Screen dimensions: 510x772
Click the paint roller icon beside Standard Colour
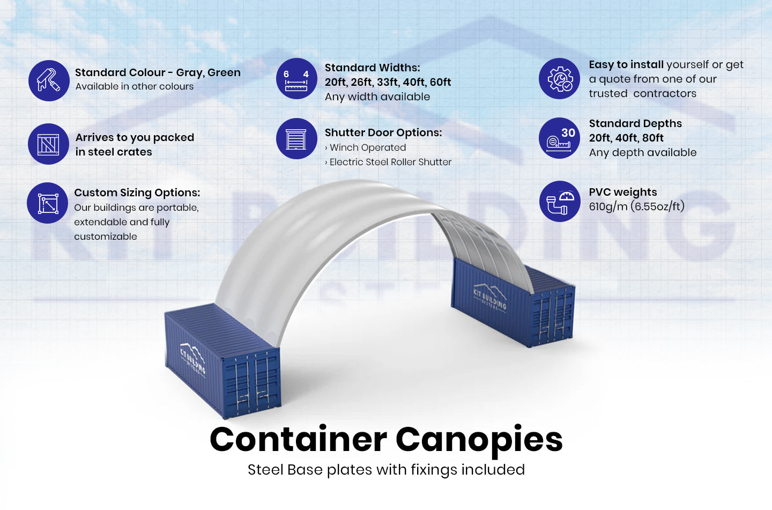pyautogui.click(x=49, y=80)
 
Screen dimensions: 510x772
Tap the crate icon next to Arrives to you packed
pyautogui.click(x=49, y=144)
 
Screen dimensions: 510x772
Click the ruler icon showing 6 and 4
pyautogui.click(x=296, y=79)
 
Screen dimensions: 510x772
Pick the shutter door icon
pyautogui.click(x=296, y=139)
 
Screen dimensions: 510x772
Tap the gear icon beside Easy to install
pyautogui.click(x=560, y=79)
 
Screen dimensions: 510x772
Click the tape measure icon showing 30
pyautogui.click(x=560, y=138)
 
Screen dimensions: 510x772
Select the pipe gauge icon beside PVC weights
pyautogui.click(x=560, y=202)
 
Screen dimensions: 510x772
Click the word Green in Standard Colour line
pyautogui.click(x=224, y=72)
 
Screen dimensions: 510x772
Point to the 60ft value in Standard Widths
pyautogui.click(x=440, y=82)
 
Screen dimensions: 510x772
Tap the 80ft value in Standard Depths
pyautogui.click(x=652, y=138)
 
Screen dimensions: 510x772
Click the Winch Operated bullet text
pyautogui.click(x=367, y=147)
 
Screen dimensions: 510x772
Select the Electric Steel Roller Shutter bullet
pyautogui.click(x=390, y=162)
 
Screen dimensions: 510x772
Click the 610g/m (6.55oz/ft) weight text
pyautogui.click(x=636, y=206)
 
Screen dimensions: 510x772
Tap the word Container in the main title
pyautogui.click(x=298, y=440)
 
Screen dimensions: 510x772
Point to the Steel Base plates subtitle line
pyautogui.click(x=386, y=470)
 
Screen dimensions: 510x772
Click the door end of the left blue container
pyautogui.click(x=252, y=383)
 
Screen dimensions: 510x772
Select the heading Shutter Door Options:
pyautogui.click(x=383, y=132)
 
